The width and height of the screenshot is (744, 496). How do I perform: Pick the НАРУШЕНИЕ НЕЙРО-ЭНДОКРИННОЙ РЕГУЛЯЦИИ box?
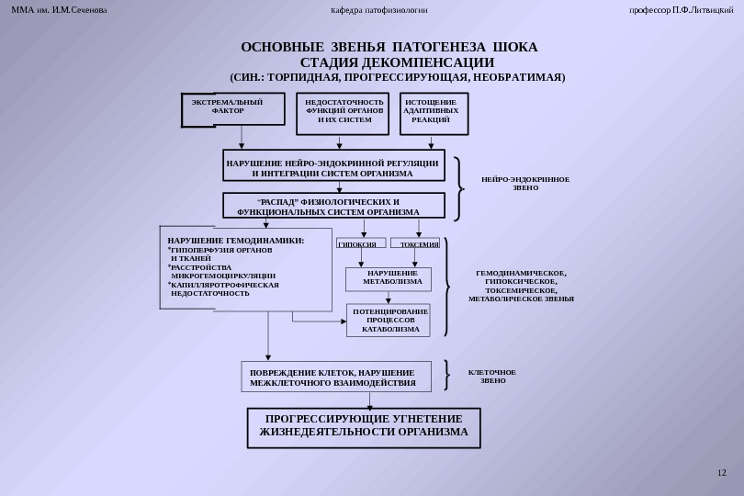334,166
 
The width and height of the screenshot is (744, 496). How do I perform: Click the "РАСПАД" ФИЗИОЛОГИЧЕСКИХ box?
334,206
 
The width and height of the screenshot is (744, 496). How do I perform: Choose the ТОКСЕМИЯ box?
417,244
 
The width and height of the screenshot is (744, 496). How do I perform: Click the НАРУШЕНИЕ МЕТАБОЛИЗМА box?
392,278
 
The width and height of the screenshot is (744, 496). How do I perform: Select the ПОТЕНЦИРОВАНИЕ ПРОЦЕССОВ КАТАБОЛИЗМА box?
389,320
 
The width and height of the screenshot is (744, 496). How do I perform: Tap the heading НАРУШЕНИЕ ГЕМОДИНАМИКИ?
235,241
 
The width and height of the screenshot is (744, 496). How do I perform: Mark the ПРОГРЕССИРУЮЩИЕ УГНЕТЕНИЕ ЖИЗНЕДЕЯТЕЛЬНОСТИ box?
364,426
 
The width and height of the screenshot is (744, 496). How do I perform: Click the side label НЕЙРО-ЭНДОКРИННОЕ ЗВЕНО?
525,183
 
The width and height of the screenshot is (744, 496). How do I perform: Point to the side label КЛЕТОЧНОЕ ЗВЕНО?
492,376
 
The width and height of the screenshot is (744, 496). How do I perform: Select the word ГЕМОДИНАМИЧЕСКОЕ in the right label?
521,274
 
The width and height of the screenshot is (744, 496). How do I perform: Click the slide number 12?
721,472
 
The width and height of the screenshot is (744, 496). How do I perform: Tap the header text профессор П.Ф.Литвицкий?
681,10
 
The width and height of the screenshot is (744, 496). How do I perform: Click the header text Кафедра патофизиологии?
378,10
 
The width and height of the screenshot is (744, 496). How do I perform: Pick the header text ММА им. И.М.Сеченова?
59,10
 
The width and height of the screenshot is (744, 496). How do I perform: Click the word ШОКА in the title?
514,47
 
